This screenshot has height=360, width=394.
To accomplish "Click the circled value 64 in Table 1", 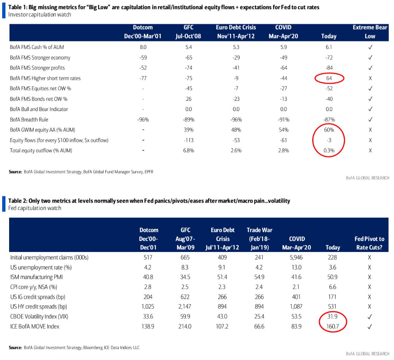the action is pyautogui.click(x=329, y=78).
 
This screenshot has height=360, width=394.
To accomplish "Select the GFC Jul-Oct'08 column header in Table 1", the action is pyautogui.click(x=188, y=32).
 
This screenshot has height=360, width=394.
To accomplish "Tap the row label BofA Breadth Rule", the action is pyautogui.click(x=29, y=120).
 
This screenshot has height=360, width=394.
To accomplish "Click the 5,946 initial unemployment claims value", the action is pyautogui.click(x=296, y=257).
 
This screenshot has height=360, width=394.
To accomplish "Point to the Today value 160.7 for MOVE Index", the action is pyautogui.click(x=332, y=326).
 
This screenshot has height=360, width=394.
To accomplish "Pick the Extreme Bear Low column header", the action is pyautogui.click(x=370, y=32).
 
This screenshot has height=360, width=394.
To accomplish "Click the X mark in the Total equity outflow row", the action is pyautogui.click(x=370, y=150).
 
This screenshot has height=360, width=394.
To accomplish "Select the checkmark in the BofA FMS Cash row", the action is pyautogui.click(x=370, y=47).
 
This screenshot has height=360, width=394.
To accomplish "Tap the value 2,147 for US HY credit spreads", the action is pyautogui.click(x=185, y=306).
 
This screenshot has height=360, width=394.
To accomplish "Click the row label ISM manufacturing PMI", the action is pyautogui.click(x=36, y=277).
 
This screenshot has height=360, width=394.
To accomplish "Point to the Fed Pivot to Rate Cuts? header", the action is pyautogui.click(x=369, y=243).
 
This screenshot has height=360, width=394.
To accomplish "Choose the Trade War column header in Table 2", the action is pyautogui.click(x=259, y=239).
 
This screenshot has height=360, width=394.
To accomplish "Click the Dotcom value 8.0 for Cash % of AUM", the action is pyautogui.click(x=143, y=47).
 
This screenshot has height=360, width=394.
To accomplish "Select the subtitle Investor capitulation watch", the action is pyautogui.click(x=39, y=15).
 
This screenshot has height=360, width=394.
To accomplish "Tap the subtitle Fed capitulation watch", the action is pyautogui.click(x=35, y=208).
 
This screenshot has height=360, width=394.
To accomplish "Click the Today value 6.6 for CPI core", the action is pyautogui.click(x=332, y=287).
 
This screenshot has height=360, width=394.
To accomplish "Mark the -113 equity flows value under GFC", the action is pyautogui.click(x=189, y=140).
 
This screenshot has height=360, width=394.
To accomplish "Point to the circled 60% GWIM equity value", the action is pyautogui.click(x=329, y=130).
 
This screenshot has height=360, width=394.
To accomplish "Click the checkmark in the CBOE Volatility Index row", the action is pyautogui.click(x=369, y=317).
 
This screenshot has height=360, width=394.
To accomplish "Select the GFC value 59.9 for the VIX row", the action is pyautogui.click(x=185, y=317).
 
